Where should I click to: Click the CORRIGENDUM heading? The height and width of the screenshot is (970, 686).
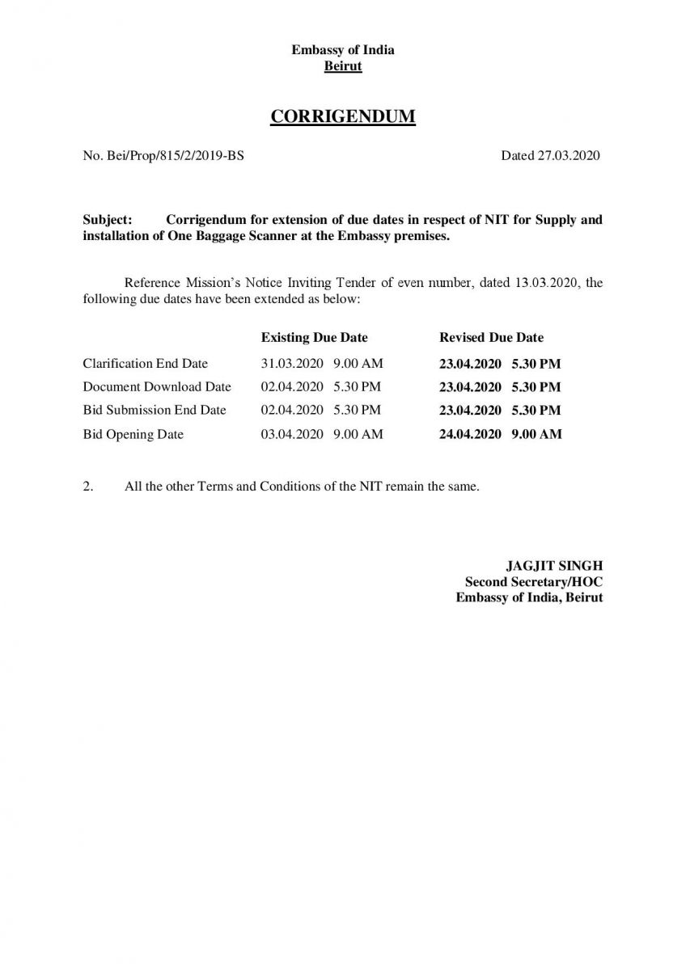(x=342, y=117)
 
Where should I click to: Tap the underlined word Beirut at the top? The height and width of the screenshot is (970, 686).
(x=342, y=66)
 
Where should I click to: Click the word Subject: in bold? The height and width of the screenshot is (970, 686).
(x=108, y=220)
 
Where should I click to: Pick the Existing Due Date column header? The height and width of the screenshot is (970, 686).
(x=314, y=337)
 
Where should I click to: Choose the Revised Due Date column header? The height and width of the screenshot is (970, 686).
(x=491, y=337)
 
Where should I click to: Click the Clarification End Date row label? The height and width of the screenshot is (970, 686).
(x=145, y=364)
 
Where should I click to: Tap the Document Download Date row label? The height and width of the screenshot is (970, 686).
(x=157, y=387)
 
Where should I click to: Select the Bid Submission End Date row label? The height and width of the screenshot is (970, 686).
(x=155, y=410)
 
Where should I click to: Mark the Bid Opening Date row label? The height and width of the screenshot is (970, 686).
(x=133, y=434)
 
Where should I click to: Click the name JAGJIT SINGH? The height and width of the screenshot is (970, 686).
(x=554, y=565)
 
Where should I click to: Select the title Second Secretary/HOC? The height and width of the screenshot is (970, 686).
(x=533, y=581)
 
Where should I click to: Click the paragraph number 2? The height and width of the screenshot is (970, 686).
(x=88, y=487)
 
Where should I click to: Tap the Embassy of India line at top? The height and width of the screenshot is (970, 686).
(x=342, y=50)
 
